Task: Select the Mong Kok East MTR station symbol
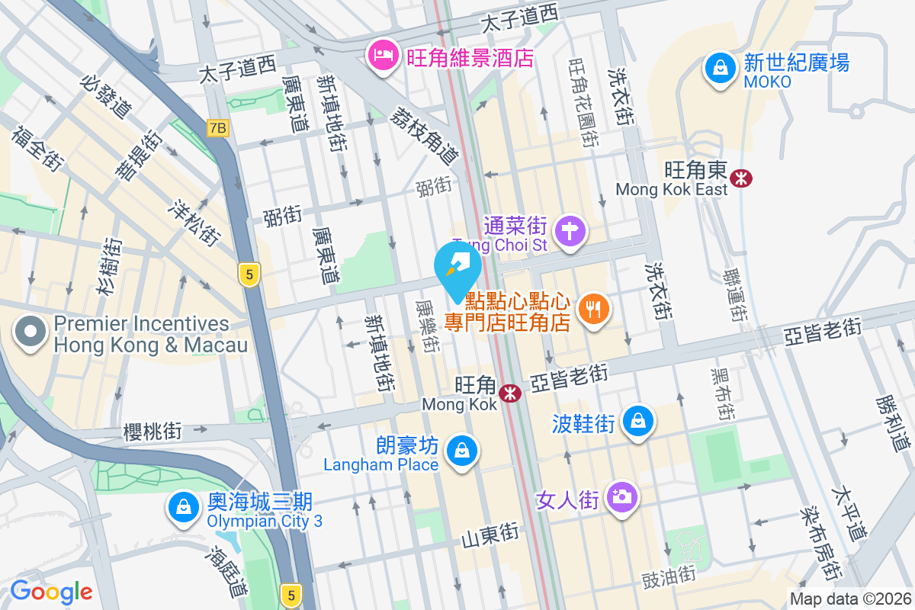[x=740, y=178]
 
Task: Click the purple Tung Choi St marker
[x=570, y=229]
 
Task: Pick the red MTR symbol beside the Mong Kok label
[x=509, y=393]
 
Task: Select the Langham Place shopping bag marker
[x=461, y=451]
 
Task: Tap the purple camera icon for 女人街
[x=621, y=498]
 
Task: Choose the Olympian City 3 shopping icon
[x=183, y=507]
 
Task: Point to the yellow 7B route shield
[x=217, y=128]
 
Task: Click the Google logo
[x=51, y=592]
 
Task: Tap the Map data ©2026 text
[x=850, y=599]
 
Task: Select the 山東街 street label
[x=490, y=536]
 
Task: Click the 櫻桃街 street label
[x=152, y=432]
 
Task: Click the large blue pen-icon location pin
[x=457, y=267]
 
